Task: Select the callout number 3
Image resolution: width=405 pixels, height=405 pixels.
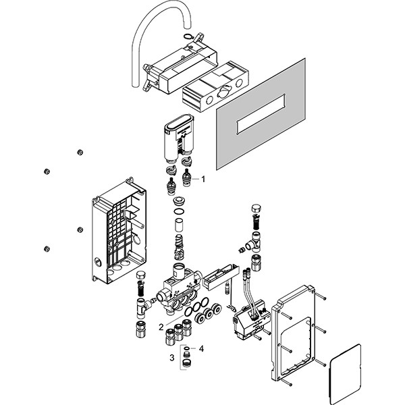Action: [171, 358]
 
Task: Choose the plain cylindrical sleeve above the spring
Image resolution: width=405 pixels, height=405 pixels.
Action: [180, 222]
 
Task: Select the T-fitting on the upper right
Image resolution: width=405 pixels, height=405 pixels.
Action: [257, 240]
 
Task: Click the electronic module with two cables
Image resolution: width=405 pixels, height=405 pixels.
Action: [249, 321]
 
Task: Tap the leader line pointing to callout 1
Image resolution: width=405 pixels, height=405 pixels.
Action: [193, 180]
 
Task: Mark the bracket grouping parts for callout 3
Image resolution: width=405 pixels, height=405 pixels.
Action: [180, 357]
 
